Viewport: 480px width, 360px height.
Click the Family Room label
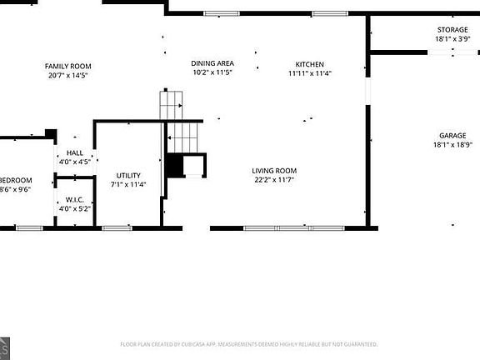(x=68, y=66)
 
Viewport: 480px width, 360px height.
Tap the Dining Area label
(x=212, y=63)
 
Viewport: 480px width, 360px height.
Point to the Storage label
(x=452, y=30)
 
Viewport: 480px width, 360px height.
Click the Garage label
(x=452, y=135)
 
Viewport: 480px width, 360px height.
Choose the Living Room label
(x=275, y=171)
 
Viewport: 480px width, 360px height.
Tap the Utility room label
(x=128, y=175)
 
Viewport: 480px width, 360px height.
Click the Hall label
(x=75, y=153)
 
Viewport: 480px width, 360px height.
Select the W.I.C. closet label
(x=74, y=200)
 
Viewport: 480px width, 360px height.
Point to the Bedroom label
(x=17, y=180)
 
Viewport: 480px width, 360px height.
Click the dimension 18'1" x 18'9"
(x=452, y=144)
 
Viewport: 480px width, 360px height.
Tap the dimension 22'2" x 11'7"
(x=275, y=179)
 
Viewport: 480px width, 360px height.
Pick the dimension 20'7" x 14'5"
(x=68, y=74)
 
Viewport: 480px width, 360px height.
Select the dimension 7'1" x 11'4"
(x=128, y=184)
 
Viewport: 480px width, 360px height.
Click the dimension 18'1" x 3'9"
(x=452, y=38)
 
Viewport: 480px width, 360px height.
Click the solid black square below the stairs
(x=174, y=166)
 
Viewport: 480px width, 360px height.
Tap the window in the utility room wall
(x=117, y=227)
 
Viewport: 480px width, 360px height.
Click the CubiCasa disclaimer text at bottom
(x=249, y=343)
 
